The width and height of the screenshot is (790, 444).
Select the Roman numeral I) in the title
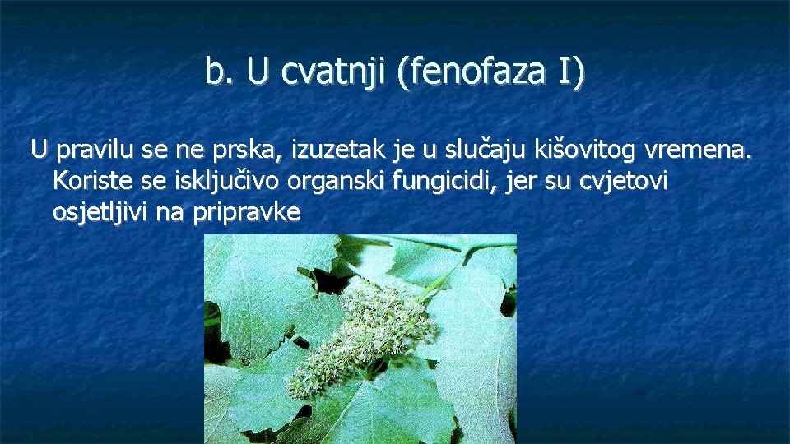[x=571, y=72]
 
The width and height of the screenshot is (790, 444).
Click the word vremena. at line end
[x=701, y=150]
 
